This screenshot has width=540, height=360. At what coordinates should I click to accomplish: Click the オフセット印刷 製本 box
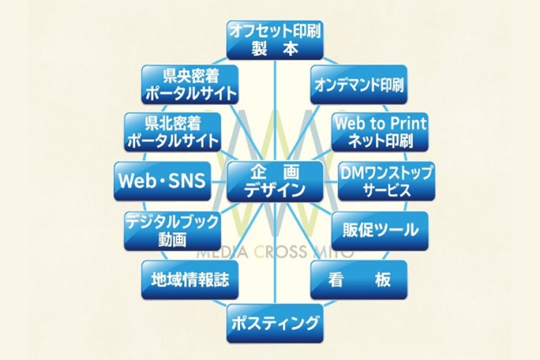pos(275,40)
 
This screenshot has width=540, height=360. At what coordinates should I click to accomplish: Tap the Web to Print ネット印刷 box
pos(380,133)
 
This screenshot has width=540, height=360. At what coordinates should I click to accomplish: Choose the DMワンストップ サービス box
pos(386,181)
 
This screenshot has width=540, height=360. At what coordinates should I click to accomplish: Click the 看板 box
pos(359,280)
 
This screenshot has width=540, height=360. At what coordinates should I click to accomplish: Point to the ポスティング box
pos(275,325)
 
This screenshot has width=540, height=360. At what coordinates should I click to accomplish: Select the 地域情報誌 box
pos(190,280)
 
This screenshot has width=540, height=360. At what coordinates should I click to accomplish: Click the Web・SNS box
pos(163,181)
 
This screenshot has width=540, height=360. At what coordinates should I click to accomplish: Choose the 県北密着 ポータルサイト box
pos(172,132)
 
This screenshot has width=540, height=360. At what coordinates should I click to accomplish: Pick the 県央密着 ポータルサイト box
pos(190,85)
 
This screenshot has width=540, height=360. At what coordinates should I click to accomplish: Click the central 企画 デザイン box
pos(274,181)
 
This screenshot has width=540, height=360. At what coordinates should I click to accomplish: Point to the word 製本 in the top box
pos(275,49)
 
